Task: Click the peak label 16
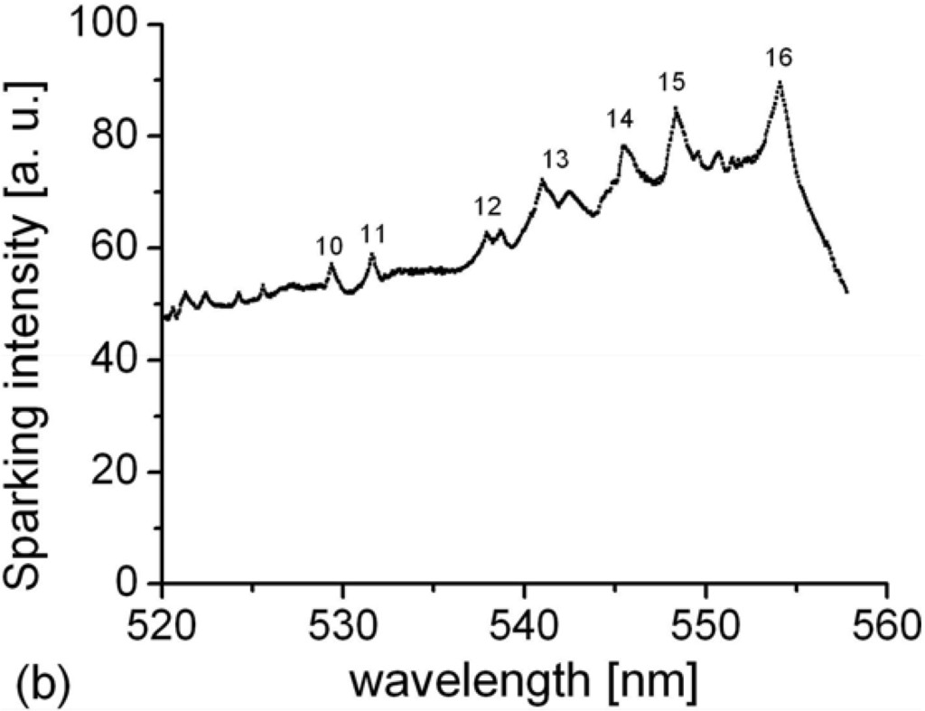pos(778,59)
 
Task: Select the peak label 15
pos(672,83)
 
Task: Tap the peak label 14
pos(621,119)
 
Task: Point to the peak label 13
pos(556,160)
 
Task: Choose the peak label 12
pos(487,208)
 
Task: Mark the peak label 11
pos(372,235)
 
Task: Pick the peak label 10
pos(330,246)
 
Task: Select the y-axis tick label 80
pos(122,136)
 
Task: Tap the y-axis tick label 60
pos(122,248)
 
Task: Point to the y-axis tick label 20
pos(122,472)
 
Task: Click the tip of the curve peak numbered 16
pos(780,82)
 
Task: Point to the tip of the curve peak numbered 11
pos(371,255)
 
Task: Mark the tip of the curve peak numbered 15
pos(675,108)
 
